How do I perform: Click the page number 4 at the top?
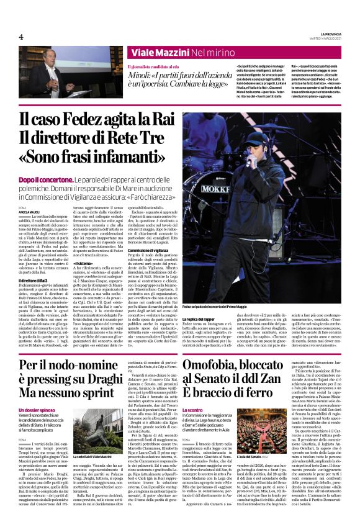21,37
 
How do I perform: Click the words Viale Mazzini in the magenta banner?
162,54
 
